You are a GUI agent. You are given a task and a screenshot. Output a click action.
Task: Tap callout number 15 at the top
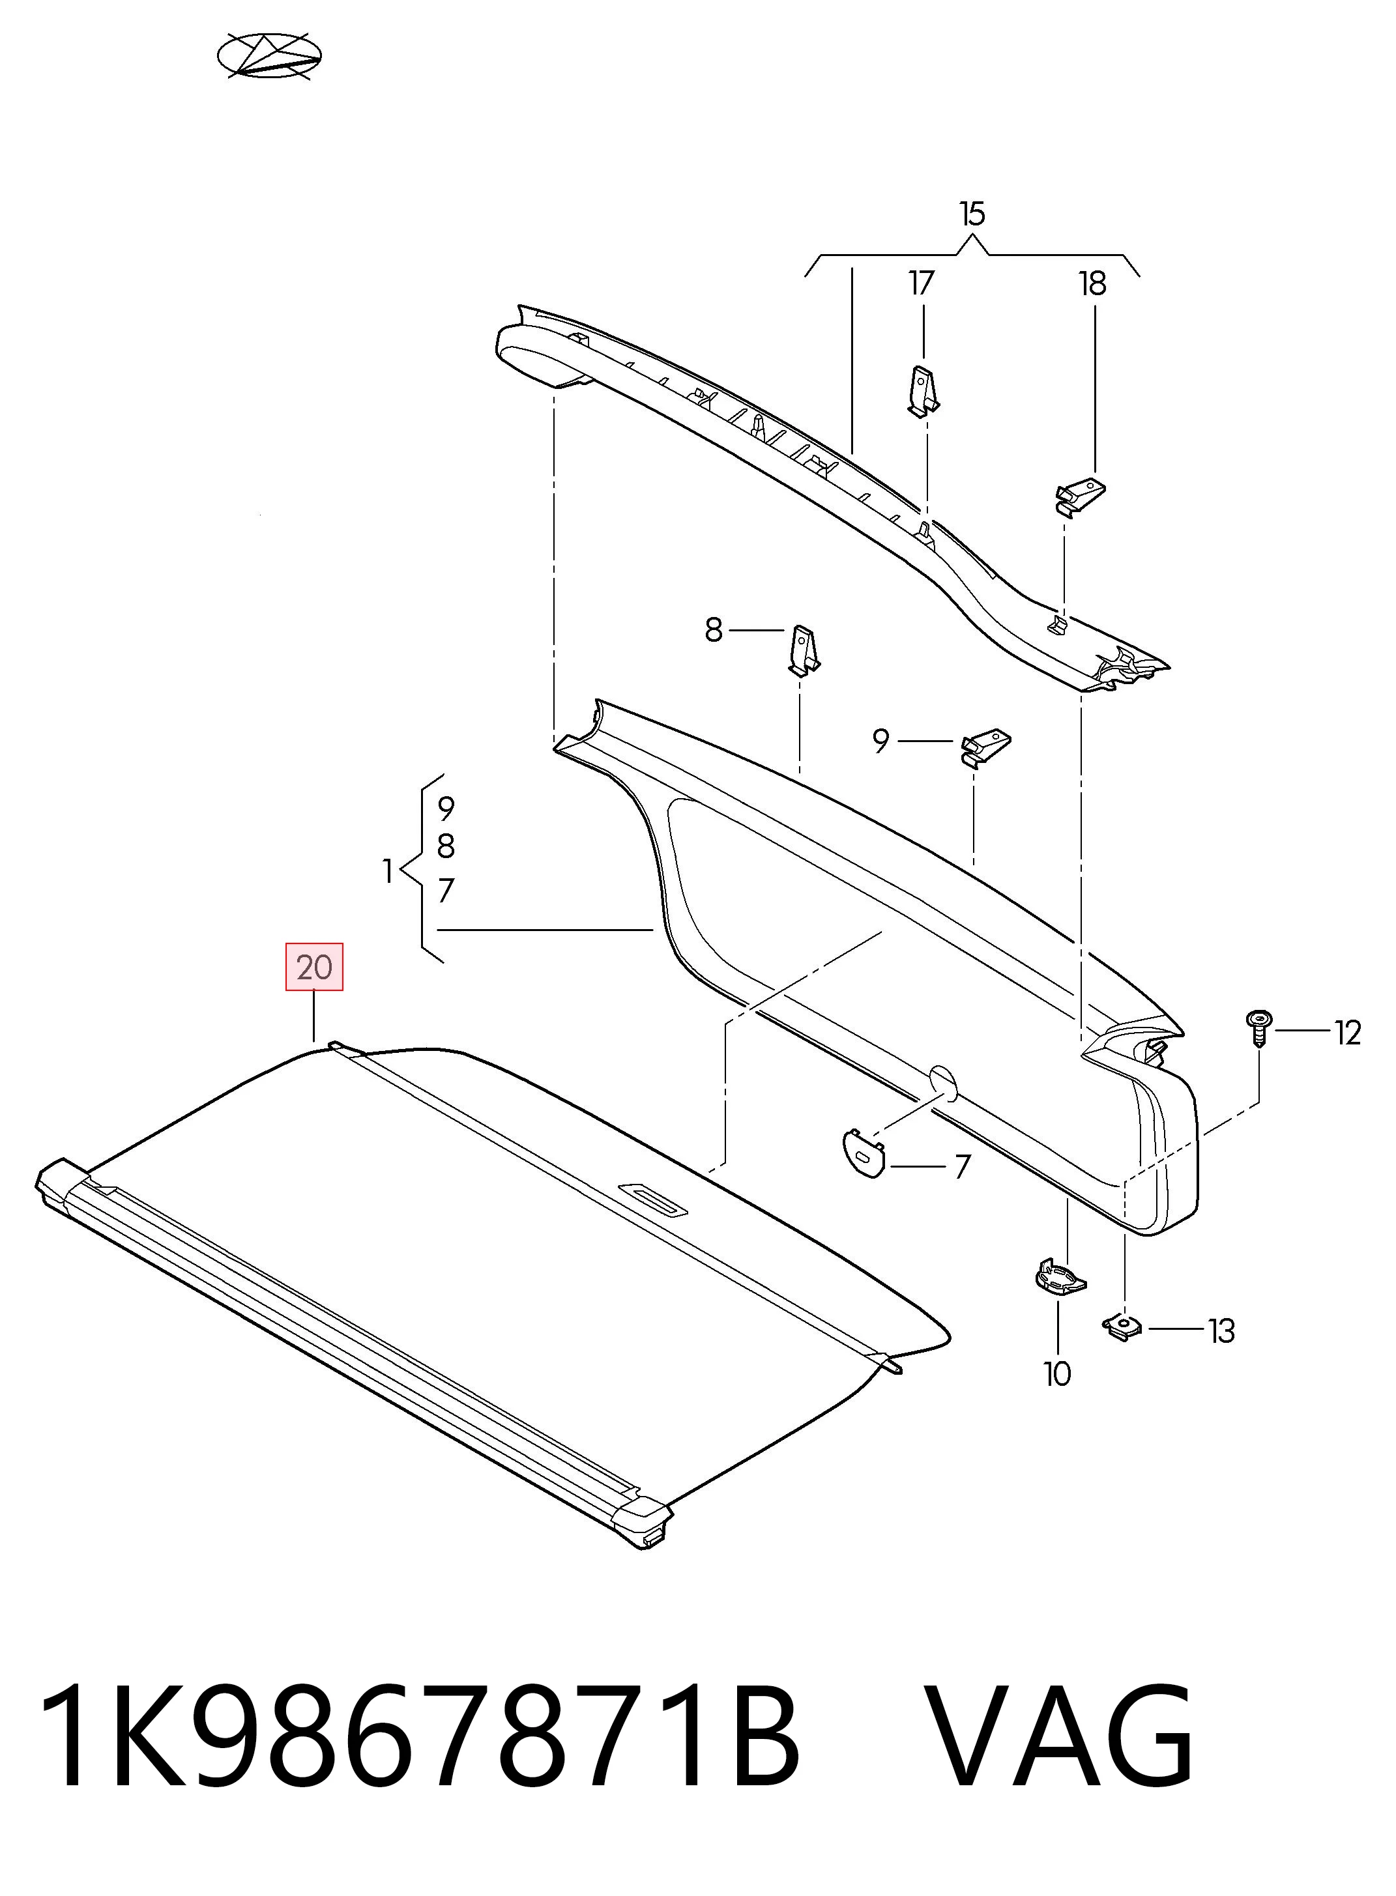coord(972,214)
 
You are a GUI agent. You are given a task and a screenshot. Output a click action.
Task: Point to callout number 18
coord(1093,284)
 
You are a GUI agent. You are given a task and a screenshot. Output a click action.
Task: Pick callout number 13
coord(1221,1332)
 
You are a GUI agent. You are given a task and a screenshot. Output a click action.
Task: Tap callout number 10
coord(1057,1375)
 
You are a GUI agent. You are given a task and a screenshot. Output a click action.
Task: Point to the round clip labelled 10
coord(1060,1275)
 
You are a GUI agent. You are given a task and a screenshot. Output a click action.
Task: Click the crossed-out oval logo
coord(270,57)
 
